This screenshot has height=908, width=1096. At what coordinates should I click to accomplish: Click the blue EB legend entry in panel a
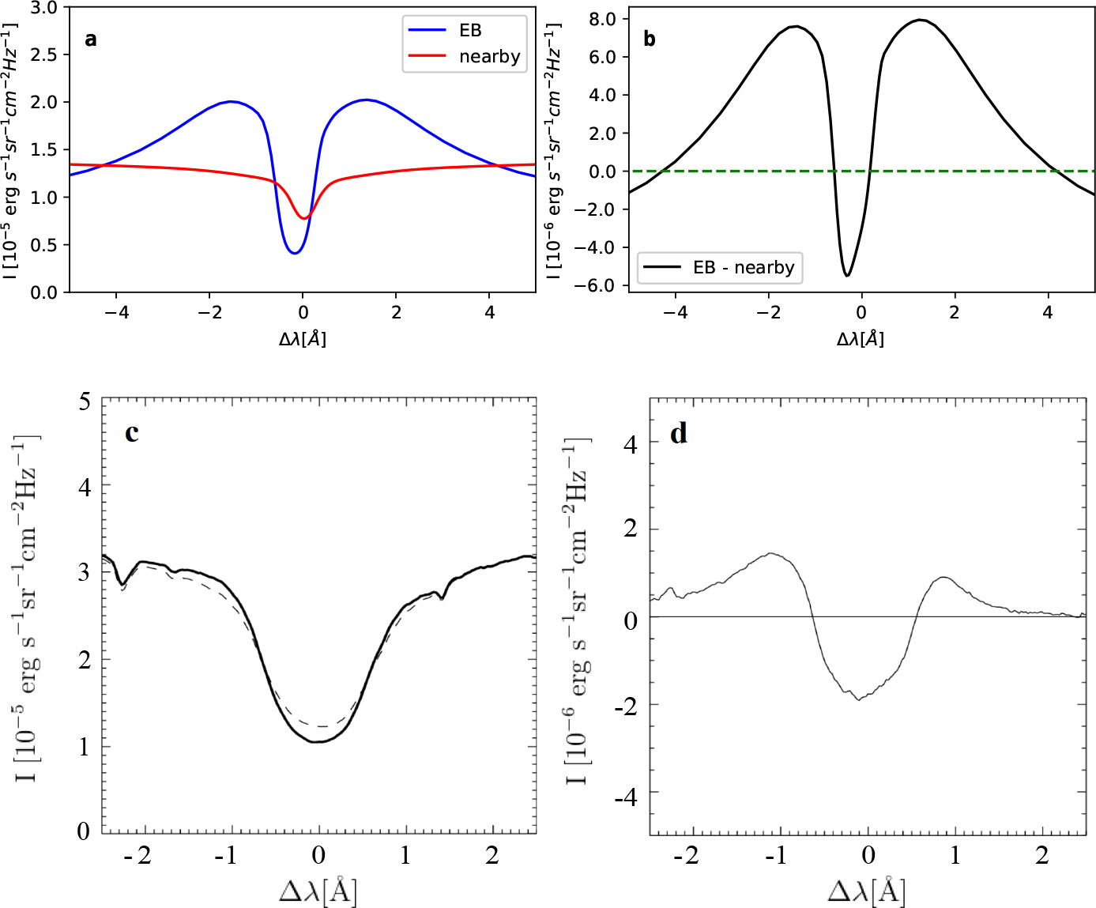click(469, 30)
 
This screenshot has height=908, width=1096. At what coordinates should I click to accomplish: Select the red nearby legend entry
click(488, 57)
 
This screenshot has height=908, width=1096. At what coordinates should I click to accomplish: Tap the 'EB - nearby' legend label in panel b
click(743, 267)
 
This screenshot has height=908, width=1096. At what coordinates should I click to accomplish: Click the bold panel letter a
click(91, 40)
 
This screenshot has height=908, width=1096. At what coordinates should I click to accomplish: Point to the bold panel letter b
click(650, 40)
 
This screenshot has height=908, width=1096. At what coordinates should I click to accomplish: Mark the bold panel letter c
click(132, 433)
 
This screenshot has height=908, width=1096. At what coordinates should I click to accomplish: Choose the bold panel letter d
click(679, 434)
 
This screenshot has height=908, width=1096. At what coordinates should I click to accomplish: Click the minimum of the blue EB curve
click(294, 253)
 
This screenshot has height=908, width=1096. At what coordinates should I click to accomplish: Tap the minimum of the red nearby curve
click(304, 218)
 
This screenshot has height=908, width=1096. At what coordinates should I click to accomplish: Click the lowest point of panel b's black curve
click(847, 275)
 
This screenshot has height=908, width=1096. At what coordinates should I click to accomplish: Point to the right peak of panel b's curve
click(920, 20)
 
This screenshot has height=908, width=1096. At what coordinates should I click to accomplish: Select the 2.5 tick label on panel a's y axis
click(44, 55)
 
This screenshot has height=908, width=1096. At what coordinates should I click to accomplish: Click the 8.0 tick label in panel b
click(602, 19)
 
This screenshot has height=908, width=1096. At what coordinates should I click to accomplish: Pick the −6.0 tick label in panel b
click(597, 285)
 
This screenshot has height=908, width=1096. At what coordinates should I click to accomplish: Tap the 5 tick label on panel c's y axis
click(85, 401)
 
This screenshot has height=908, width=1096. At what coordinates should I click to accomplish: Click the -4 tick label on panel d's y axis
click(627, 797)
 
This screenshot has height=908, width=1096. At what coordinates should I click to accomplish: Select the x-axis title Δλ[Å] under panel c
click(318, 891)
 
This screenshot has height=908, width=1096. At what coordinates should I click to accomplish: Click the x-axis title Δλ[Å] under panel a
click(303, 339)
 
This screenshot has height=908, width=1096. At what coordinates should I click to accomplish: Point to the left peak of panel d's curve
click(771, 554)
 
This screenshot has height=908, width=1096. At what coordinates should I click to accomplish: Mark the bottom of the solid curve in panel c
click(318, 741)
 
